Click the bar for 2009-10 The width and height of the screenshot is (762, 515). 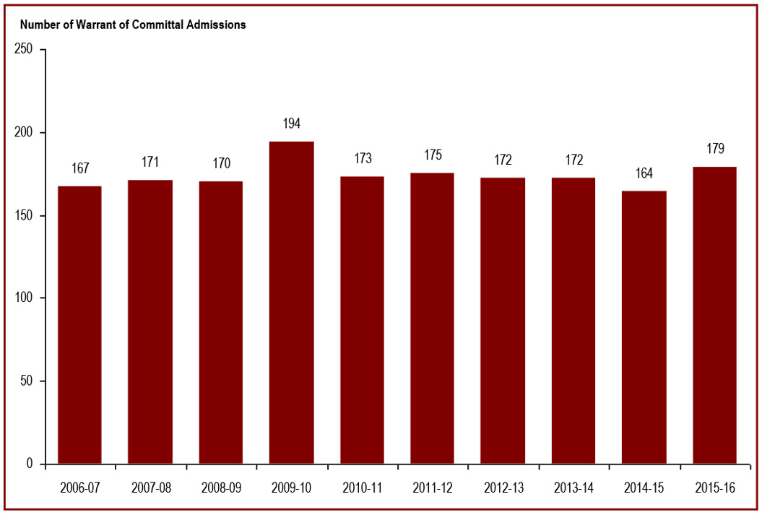tap(291, 302)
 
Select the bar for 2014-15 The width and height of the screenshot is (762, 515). tap(644, 327)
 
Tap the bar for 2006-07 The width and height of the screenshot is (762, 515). tap(79, 324)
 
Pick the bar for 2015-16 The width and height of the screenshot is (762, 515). tap(714, 315)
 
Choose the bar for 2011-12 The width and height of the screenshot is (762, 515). tap(432, 318)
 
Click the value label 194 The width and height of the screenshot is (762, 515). tap(291, 124)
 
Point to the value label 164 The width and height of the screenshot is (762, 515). tap(644, 173)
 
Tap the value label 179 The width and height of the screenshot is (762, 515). tap(714, 149)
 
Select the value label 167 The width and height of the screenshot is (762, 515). tap(79, 168)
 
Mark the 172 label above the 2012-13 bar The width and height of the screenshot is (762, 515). tap(503, 160)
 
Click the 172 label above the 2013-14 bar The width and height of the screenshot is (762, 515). tap(573, 160)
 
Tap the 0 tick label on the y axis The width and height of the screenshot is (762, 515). tap(30, 464)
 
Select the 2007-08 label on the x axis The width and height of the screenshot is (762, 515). tap(150, 488)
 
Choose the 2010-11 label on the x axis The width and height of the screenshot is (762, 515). tap(362, 488)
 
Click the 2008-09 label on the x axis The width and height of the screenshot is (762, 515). tap(220, 488)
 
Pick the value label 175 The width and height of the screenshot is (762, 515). tap(432, 155)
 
